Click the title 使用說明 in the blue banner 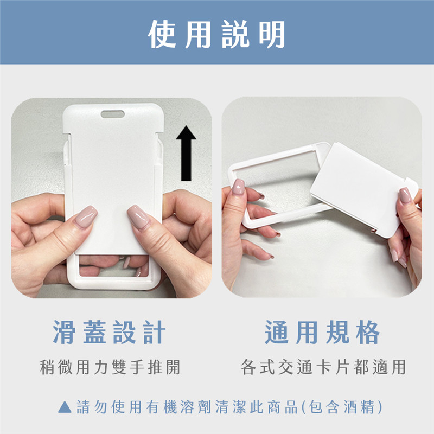pos(216,34)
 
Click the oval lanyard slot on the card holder pos(113,114)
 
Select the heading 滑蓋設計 pos(109,332)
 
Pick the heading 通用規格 pos(322,332)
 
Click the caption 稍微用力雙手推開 pos(110,367)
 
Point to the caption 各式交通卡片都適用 pos(323,367)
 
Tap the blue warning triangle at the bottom pos(65,407)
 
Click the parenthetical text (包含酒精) pos(342,407)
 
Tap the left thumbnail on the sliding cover pos(86,216)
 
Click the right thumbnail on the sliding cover pos(139,216)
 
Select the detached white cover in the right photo pos(362,188)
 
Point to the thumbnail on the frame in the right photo pos(238,187)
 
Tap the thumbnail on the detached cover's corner pos(405,195)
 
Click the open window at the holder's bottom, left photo pos(114,266)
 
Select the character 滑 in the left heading pos(64,332)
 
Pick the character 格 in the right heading pos(368,332)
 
